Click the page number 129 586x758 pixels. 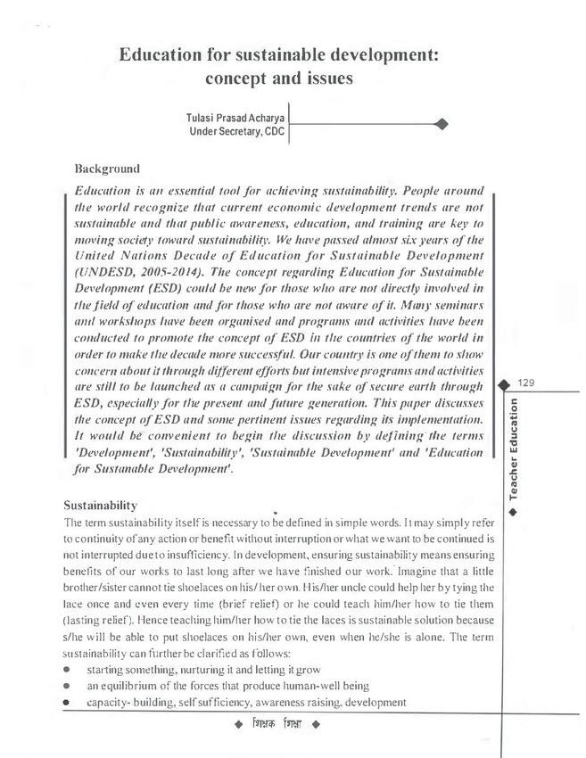pos(525,383)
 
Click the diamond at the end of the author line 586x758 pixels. pos(443,124)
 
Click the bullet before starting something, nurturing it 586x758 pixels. pos(68,670)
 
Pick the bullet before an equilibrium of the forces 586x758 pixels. pos(68,686)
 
